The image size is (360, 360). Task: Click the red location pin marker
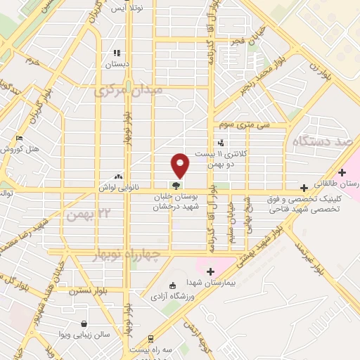point(181,165)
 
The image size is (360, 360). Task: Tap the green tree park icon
point(175,184)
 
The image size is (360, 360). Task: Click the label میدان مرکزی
point(128,91)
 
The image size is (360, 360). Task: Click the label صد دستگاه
point(323,141)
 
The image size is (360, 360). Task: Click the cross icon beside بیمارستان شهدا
point(210,271)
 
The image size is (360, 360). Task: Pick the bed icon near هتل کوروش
point(20,138)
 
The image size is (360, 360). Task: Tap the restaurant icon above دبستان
point(117,53)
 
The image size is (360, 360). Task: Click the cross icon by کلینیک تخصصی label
point(303,188)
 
